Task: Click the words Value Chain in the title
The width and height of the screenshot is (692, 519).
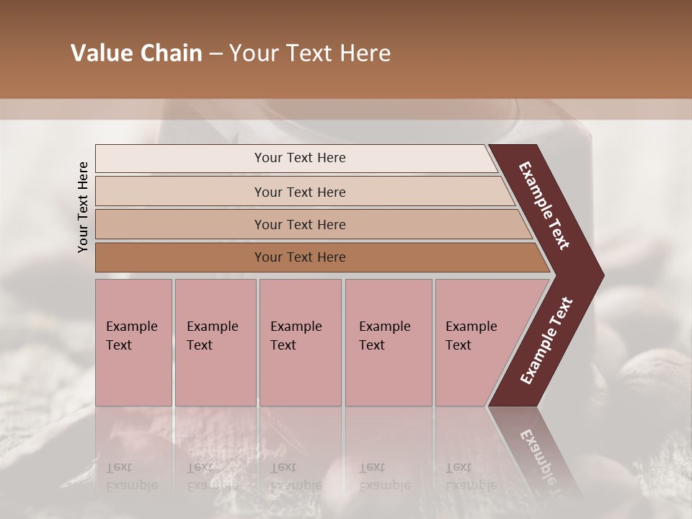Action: (x=136, y=53)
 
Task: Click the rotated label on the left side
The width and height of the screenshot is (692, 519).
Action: (x=83, y=207)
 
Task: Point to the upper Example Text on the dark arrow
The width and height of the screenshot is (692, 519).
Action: (x=544, y=205)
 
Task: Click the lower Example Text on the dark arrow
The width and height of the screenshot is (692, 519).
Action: (x=546, y=340)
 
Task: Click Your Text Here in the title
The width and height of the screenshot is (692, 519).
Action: (x=310, y=53)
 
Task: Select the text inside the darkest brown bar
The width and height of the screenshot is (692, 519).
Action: (x=300, y=257)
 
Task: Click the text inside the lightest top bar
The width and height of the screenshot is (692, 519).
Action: (x=300, y=158)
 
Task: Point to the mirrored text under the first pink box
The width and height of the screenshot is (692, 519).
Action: (x=131, y=476)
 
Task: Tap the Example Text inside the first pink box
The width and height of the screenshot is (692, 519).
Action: (x=131, y=336)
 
